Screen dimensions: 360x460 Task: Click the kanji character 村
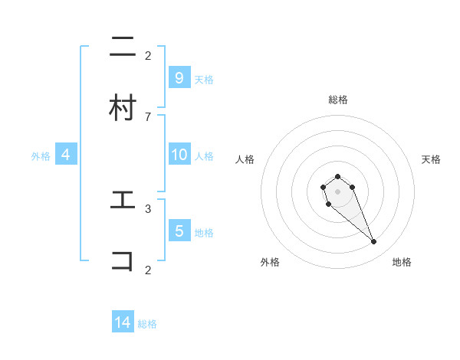click(123, 107)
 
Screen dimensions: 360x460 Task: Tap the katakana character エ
click(123, 200)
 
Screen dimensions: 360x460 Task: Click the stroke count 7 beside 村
click(148, 116)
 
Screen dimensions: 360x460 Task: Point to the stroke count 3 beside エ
click(148, 208)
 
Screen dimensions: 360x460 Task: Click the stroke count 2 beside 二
click(148, 55)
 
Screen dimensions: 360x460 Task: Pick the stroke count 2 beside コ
click(148, 270)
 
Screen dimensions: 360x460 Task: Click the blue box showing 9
click(179, 77)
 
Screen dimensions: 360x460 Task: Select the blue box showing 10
click(179, 155)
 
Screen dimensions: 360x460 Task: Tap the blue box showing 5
click(179, 231)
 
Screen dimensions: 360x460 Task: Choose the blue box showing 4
click(66, 155)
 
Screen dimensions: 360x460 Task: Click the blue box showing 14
click(123, 322)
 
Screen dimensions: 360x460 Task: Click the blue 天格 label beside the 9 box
click(204, 79)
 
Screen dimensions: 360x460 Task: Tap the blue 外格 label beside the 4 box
click(41, 156)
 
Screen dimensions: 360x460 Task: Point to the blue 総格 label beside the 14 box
click(147, 324)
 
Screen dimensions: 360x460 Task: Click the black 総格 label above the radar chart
click(338, 100)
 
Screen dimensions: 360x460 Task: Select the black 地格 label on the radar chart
click(402, 263)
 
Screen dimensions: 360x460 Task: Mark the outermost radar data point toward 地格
click(374, 242)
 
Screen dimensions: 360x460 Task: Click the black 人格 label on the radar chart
click(245, 159)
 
